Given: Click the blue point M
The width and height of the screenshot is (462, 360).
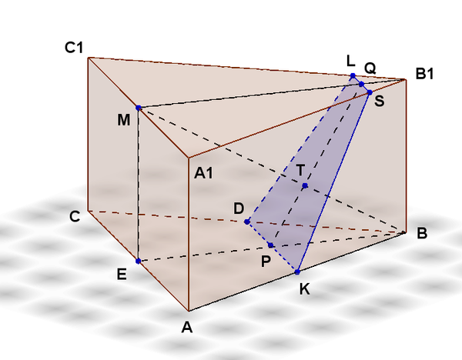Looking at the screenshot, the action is pos(139,108).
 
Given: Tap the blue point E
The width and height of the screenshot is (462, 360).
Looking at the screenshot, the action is pos(138,261).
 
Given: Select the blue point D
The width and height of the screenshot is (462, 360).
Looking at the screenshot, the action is pos(247,222).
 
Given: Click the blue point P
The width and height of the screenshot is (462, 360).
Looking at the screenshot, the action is pos(270,245).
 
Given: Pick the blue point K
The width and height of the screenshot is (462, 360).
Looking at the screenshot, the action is pos(297,272).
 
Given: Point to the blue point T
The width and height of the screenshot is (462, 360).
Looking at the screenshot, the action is pos(305,185).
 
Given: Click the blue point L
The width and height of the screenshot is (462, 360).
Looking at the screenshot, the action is pos(353,76).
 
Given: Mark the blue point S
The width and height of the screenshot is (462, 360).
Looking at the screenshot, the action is pos(370,92).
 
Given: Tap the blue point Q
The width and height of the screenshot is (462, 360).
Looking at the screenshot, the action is pos(362,84).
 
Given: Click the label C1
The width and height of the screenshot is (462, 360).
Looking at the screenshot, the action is pos(74,47).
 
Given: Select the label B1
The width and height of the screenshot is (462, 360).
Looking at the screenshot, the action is pos(424,73).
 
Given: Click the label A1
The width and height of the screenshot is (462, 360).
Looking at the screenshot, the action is pos(203,173).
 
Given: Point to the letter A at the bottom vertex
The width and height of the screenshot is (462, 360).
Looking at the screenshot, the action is pos(187,327).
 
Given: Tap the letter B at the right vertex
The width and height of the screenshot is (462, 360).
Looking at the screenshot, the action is pos(422,233).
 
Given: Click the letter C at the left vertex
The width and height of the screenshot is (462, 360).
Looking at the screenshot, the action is pos(75,217).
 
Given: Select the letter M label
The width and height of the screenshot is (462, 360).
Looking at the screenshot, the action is pos(123,120).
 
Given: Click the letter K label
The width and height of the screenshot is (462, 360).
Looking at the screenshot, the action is pos(305,289).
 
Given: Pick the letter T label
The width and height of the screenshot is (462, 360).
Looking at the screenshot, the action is pos(300,170).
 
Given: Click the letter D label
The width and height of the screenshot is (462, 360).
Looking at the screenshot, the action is pos(239,208).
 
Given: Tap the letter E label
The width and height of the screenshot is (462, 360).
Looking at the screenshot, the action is pos(122,275).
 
